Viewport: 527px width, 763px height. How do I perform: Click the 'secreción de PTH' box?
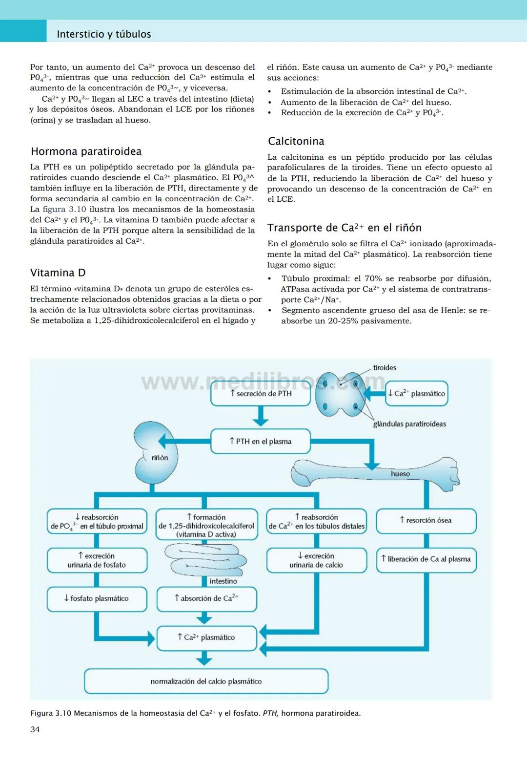(261, 394)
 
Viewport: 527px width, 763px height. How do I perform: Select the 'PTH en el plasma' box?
(261, 442)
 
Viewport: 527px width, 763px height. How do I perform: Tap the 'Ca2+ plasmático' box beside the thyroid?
(417, 394)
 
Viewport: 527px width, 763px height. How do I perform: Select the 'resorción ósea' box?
(426, 521)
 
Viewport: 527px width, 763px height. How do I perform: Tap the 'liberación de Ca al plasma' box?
(426, 559)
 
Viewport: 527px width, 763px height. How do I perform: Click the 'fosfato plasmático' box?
(97, 599)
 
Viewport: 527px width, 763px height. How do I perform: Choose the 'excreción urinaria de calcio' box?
(316, 560)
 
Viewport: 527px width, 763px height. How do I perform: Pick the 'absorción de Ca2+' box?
(206, 599)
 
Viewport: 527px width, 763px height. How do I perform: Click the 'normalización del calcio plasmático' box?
(206, 681)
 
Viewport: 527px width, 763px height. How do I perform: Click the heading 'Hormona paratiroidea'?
(86, 151)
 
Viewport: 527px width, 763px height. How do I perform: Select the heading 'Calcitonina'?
(296, 142)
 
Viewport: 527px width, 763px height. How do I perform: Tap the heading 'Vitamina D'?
(58, 273)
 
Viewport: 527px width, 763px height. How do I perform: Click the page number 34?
(35, 730)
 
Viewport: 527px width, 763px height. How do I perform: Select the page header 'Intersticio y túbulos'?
(104, 34)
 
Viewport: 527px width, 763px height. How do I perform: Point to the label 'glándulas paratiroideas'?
(409, 424)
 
